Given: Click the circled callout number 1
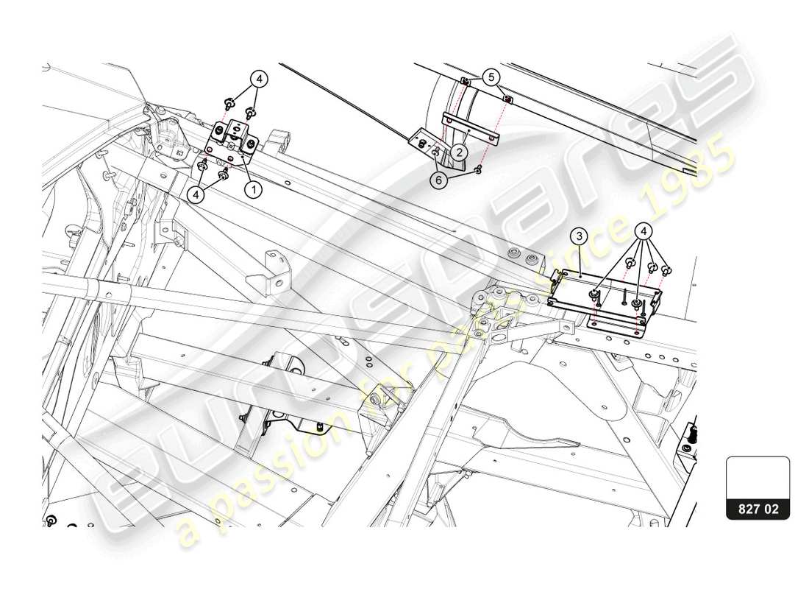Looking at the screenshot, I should tap(253, 189).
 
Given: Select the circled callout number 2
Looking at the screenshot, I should tap(458, 152).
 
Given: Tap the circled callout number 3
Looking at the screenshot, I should tap(580, 236).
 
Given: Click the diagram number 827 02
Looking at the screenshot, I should tap(758, 508).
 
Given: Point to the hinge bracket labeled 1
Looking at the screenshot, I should tap(235, 139).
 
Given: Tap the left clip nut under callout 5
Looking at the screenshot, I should tap(465, 81).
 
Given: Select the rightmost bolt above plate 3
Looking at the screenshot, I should tap(666, 270).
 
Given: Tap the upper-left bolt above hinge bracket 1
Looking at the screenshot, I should tap(229, 103).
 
